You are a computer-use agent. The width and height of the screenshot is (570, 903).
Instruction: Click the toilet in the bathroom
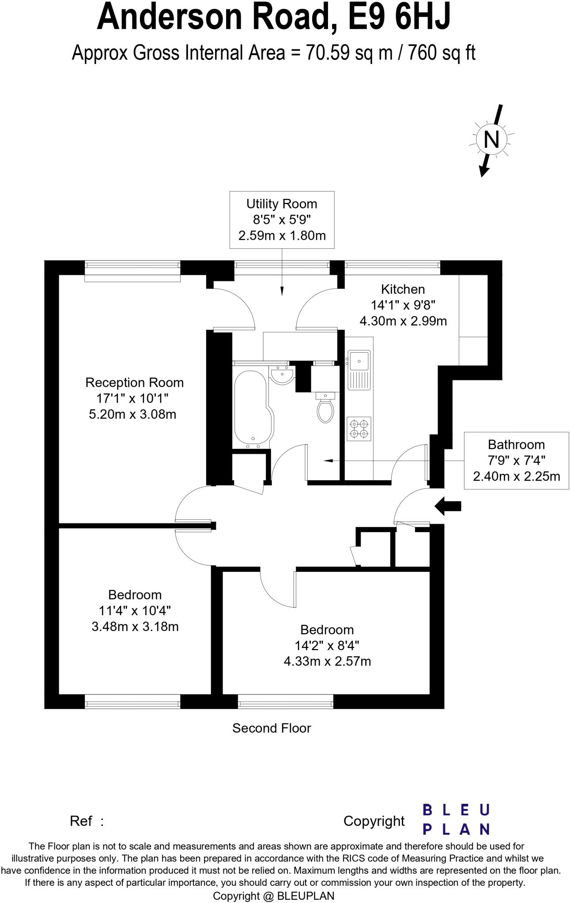click(x=325, y=409)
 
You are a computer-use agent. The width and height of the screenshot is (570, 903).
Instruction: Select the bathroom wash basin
click(x=281, y=376)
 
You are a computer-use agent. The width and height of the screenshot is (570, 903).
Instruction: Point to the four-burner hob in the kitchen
click(x=359, y=429)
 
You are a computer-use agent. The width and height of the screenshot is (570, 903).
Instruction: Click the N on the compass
click(x=491, y=140)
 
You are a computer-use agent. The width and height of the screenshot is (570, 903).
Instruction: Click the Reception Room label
click(x=134, y=383)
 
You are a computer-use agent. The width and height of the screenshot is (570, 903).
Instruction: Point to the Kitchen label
click(x=403, y=290)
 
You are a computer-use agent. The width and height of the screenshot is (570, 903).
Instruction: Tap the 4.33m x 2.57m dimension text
click(x=327, y=661)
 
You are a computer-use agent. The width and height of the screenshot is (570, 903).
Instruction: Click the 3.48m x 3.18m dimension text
click(x=135, y=627)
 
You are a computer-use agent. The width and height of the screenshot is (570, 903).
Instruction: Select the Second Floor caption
click(x=272, y=728)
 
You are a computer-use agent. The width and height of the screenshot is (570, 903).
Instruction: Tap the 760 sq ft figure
click(x=442, y=53)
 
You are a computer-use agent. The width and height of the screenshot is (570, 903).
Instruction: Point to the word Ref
click(x=81, y=821)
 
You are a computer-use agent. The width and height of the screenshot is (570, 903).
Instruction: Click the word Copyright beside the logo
click(x=374, y=821)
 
